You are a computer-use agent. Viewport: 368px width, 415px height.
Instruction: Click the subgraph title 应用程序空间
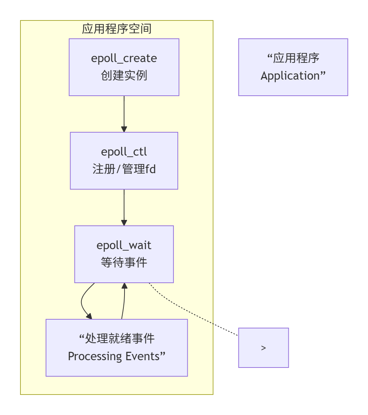[116, 29]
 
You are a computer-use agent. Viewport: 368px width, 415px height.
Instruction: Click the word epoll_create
[124, 58]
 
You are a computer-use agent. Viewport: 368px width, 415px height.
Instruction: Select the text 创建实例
[124, 76]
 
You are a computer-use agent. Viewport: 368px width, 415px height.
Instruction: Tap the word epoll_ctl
[124, 152]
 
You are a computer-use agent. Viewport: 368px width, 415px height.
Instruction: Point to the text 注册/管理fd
[124, 169]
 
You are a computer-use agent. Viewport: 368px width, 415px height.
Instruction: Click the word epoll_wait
[124, 245]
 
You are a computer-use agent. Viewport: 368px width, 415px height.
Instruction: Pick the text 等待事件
[124, 262]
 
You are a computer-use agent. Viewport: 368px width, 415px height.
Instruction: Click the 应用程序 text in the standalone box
[296, 58]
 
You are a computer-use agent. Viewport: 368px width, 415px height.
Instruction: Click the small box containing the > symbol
[264, 348]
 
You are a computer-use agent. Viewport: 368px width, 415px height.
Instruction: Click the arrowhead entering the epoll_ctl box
[124, 129]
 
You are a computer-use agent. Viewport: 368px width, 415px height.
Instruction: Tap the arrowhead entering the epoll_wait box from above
[124, 222]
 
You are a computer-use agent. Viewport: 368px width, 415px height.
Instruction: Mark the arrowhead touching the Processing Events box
[89, 316]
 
